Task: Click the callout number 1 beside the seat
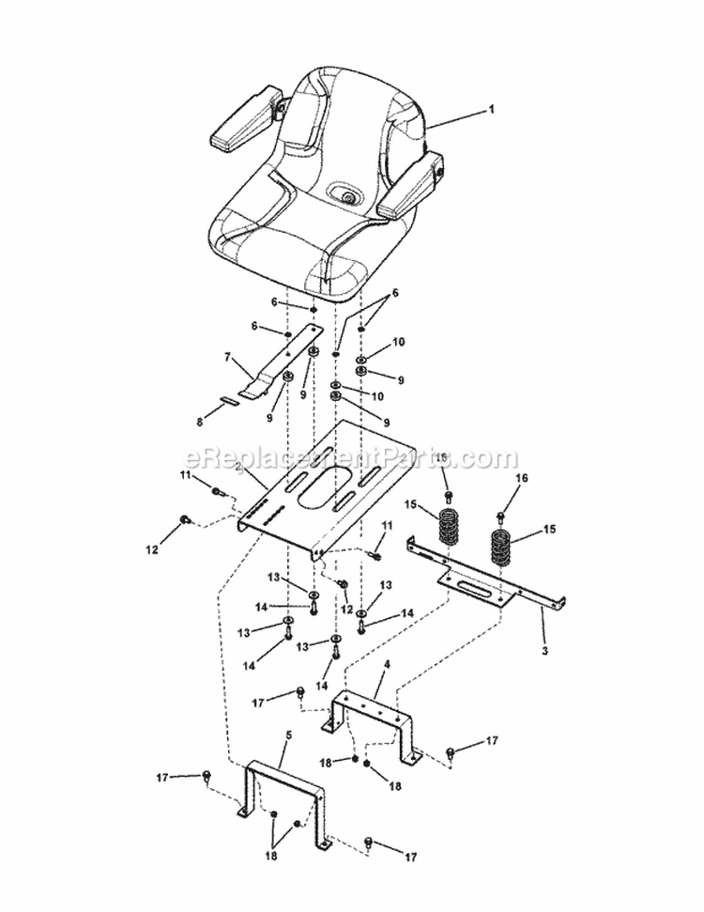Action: [491, 109]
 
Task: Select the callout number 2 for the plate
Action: [238, 467]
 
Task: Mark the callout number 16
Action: [522, 478]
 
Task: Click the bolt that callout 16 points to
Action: [501, 514]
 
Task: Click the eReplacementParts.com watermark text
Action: [351, 459]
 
